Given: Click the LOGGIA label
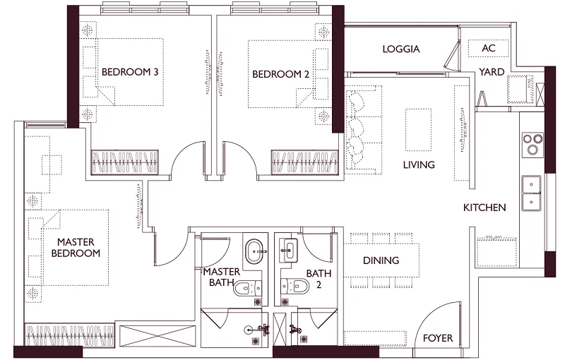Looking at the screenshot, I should (401, 49).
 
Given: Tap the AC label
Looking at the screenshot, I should (488, 49).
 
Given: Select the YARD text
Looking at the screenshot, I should (491, 71).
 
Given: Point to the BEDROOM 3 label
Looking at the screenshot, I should (130, 71).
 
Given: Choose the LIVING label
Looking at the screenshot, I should (419, 164).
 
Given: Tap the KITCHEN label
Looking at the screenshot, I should (484, 208).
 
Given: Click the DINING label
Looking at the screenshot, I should (381, 260).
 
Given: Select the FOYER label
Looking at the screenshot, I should (438, 338).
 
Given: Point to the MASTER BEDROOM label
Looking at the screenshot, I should (79, 248).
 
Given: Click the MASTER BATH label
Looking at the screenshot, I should (222, 277).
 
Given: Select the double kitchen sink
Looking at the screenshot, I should (531, 193).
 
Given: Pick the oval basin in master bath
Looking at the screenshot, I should (254, 249).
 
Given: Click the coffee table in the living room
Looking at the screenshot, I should (416, 129).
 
